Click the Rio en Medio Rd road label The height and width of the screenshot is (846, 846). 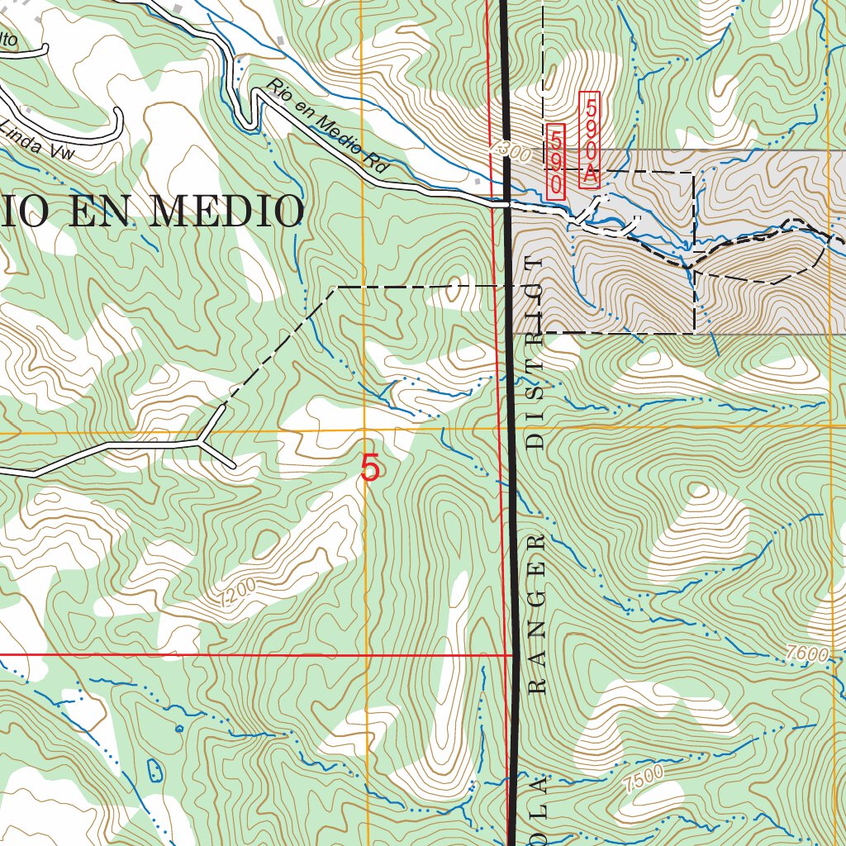(x=327, y=126)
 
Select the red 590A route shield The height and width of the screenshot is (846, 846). (x=589, y=140)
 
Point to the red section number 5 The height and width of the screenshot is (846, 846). (x=371, y=468)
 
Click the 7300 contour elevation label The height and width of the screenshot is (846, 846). (x=509, y=151)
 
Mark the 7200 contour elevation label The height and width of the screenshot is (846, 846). (x=239, y=591)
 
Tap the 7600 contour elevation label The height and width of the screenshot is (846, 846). (x=806, y=654)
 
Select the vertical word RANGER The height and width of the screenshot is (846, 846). (x=540, y=613)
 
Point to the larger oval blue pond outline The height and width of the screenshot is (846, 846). (x=154, y=770)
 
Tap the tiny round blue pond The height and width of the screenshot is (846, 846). (x=178, y=728)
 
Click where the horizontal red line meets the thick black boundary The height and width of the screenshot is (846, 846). (x=512, y=654)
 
